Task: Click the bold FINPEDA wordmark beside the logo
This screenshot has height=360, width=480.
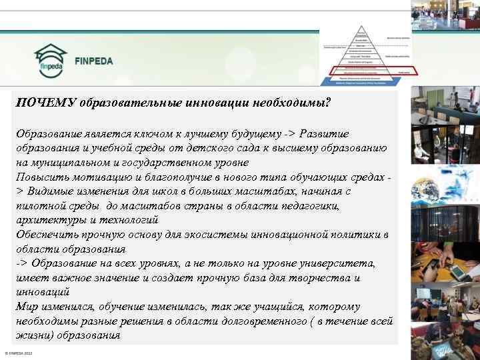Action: point(94,61)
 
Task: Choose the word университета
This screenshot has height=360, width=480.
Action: point(337,263)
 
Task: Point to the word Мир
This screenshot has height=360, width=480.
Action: point(27,307)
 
